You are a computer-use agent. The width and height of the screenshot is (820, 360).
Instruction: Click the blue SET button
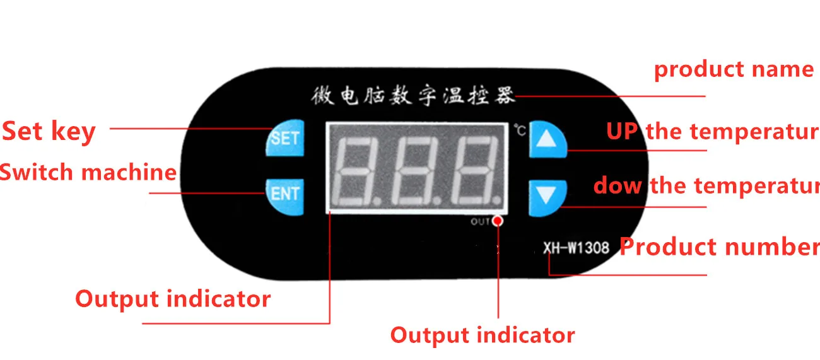[285, 138]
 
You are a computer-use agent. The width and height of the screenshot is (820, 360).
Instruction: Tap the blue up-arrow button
[547, 138]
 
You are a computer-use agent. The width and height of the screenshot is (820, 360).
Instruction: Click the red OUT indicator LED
[498, 221]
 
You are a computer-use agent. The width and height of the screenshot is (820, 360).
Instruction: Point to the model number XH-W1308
[576, 247]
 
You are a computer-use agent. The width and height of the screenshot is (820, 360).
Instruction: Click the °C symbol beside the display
[519, 131]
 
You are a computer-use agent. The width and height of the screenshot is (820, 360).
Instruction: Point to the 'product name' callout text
[734, 69]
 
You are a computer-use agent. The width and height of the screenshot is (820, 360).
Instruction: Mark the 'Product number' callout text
[720, 247]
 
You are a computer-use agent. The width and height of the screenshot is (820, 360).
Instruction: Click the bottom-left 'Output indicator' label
[173, 298]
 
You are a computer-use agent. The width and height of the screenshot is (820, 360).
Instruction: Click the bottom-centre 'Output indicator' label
[483, 335]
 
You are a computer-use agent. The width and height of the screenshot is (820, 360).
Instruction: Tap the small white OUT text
[480, 221]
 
